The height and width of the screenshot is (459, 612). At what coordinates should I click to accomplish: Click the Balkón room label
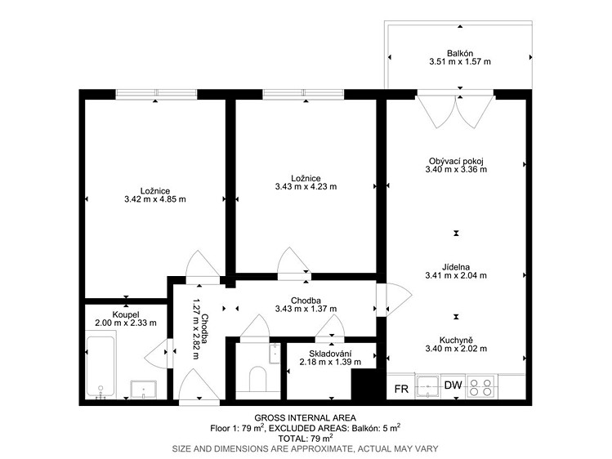pyautogui.click(x=460, y=53)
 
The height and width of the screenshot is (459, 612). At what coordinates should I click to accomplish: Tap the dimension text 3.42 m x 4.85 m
pyautogui.click(x=155, y=199)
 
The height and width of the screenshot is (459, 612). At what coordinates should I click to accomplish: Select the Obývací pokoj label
pyautogui.click(x=456, y=161)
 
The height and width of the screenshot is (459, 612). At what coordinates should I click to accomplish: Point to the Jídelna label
pyautogui.click(x=455, y=267)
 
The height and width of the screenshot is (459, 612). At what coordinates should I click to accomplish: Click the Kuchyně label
pyautogui.click(x=456, y=340)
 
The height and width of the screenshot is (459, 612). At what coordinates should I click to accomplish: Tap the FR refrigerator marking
pyautogui.click(x=401, y=389)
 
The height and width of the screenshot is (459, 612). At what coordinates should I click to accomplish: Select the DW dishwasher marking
pyautogui.click(x=453, y=385)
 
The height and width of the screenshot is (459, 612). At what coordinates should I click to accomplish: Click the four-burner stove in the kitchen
pyautogui.click(x=480, y=386)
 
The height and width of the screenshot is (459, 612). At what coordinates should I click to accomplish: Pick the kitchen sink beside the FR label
pyautogui.click(x=428, y=386)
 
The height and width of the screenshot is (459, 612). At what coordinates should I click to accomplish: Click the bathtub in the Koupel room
pyautogui.click(x=101, y=367)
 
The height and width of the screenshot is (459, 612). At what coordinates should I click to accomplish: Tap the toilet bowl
pyautogui.click(x=257, y=379)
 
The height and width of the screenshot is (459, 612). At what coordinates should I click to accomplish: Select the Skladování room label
pyautogui.click(x=330, y=354)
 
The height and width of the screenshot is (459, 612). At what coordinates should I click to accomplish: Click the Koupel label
pyautogui.click(x=126, y=314)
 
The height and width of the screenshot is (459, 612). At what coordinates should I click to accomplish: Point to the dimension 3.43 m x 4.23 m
pyautogui.click(x=306, y=186)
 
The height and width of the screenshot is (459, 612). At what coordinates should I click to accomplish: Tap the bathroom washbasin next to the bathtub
pyautogui.click(x=144, y=390)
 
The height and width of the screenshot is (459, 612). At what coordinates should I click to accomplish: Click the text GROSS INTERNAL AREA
pyautogui.click(x=306, y=418)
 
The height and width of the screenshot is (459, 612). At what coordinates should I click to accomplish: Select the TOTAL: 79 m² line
pyautogui.click(x=306, y=438)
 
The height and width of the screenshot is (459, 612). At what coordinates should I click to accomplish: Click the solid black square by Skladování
pyautogui.click(x=364, y=384)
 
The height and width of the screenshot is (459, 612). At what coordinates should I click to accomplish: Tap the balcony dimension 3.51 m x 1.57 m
pyautogui.click(x=460, y=61)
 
